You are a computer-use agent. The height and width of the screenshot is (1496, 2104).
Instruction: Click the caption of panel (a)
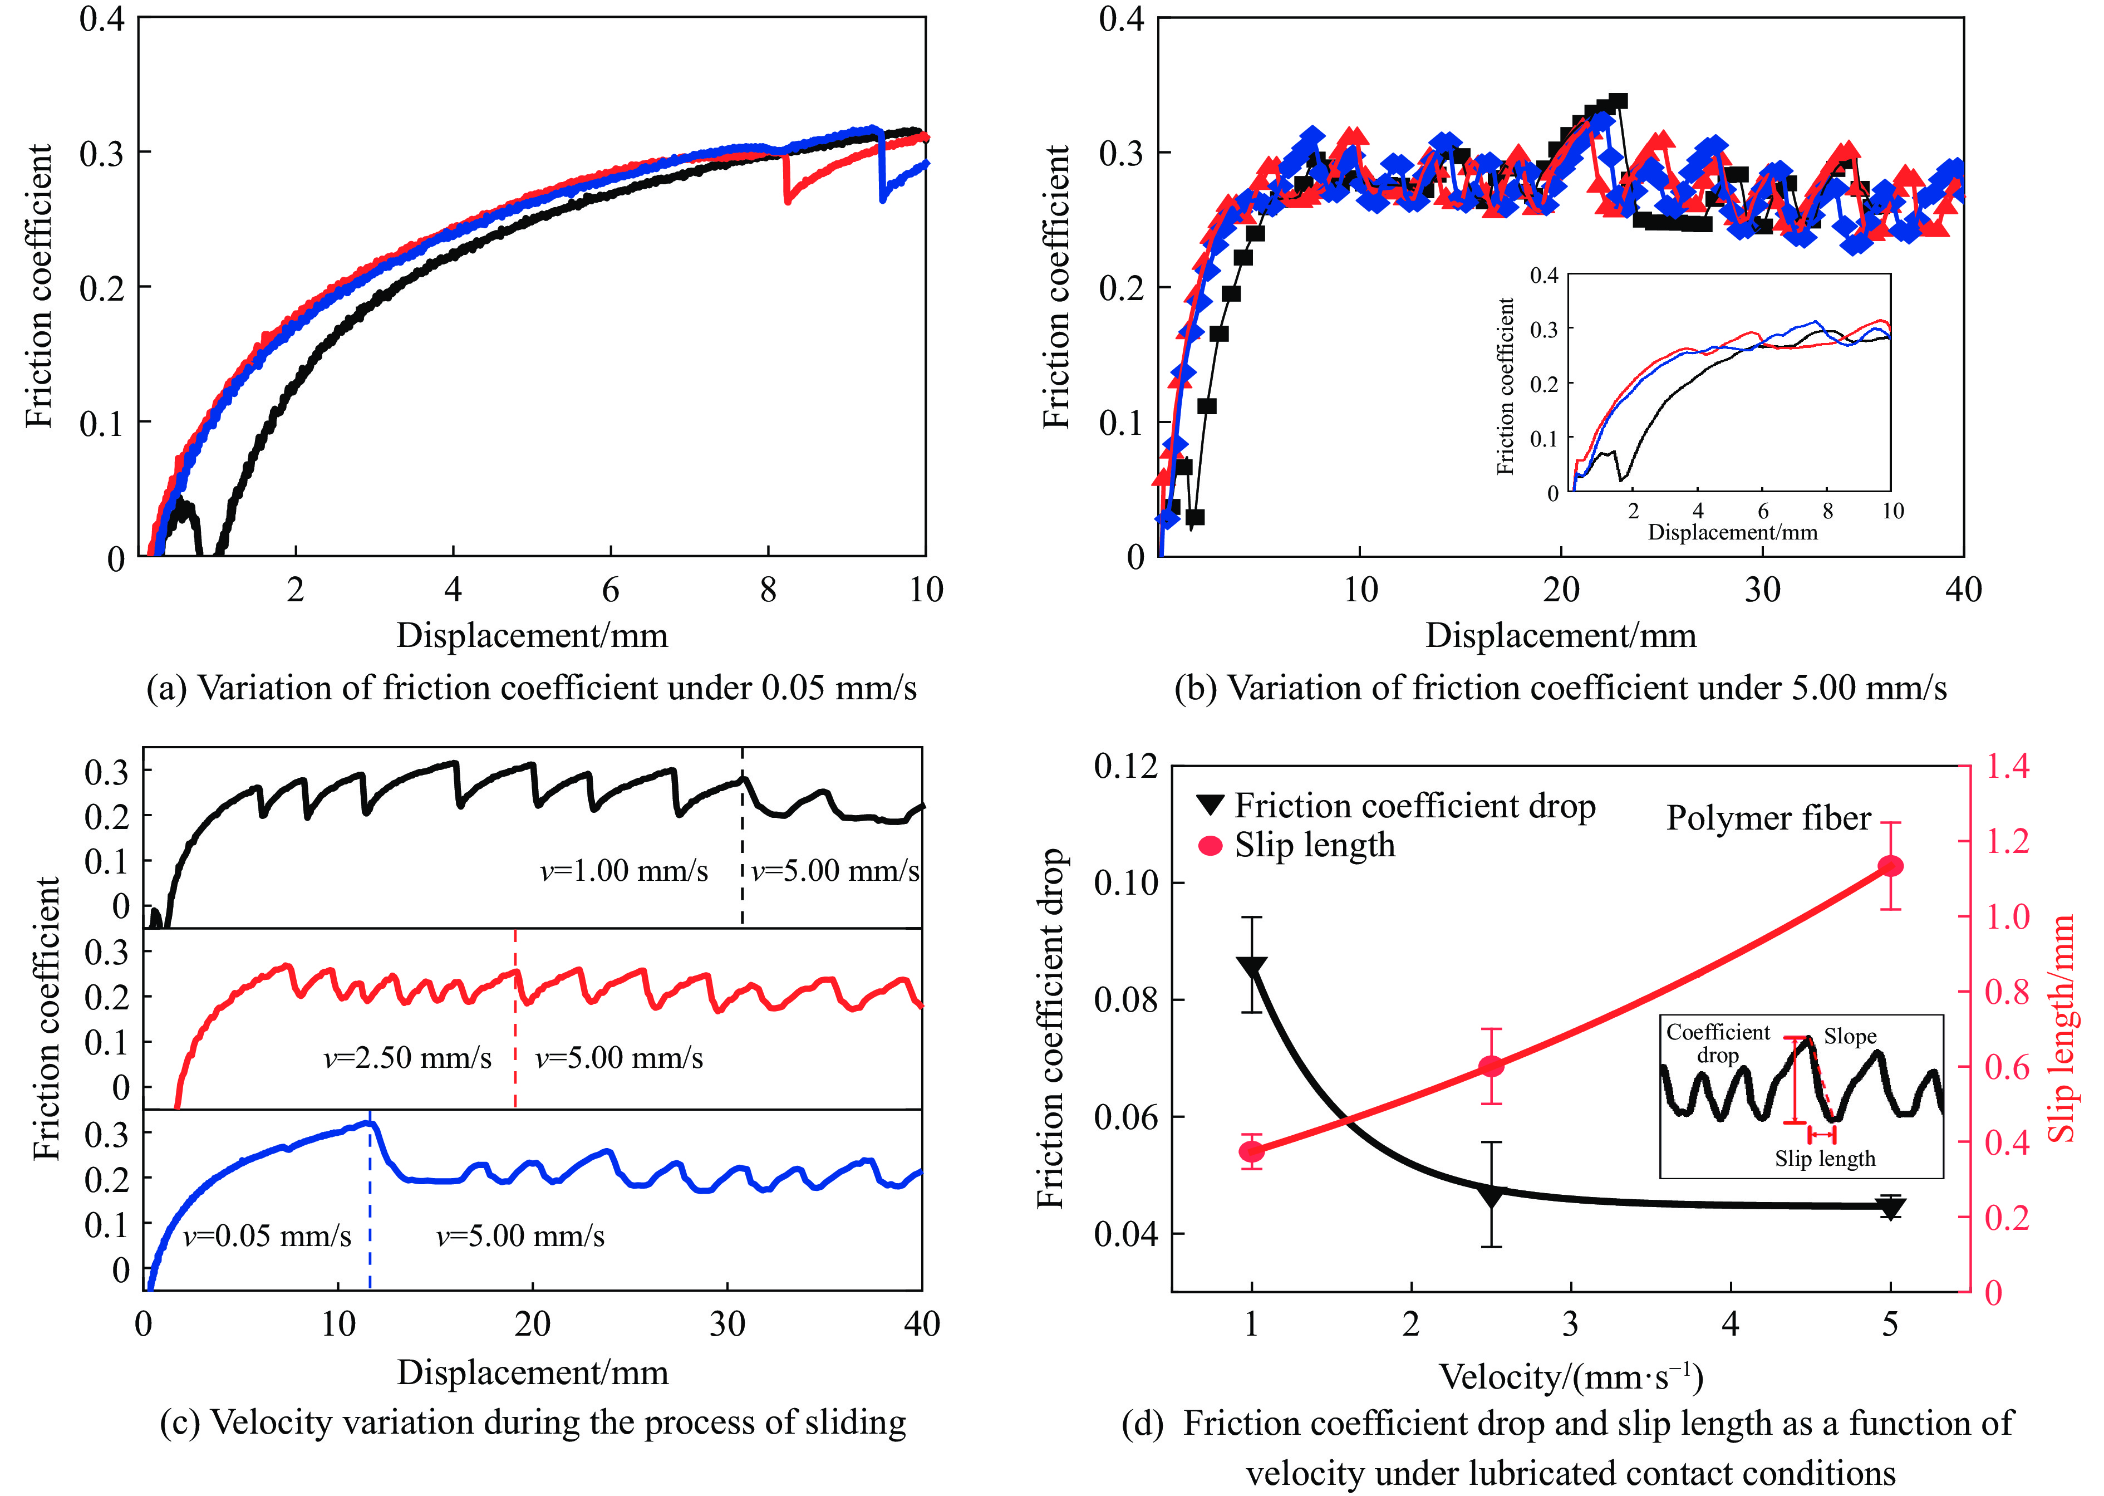[532, 688]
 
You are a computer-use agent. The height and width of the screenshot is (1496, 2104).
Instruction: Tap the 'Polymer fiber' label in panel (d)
[1768, 818]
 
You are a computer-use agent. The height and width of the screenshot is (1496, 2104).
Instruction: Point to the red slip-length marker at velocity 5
[1890, 866]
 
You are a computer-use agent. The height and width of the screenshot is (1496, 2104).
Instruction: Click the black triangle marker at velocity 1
[1251, 967]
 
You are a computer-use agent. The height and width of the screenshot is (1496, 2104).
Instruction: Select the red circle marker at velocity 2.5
[1491, 1067]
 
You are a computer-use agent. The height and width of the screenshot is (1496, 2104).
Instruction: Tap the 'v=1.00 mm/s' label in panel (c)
[623, 871]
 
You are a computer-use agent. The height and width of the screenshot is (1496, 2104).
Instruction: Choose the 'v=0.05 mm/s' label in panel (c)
[267, 1235]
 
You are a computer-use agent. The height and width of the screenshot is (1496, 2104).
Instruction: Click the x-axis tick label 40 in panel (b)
[1962, 590]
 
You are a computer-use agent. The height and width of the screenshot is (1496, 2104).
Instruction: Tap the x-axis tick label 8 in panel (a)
[768, 590]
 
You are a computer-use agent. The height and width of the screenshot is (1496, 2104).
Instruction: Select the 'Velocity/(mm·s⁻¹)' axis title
[1571, 1377]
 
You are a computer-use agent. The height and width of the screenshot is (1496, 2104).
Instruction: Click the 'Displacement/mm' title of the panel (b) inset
[1732, 532]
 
